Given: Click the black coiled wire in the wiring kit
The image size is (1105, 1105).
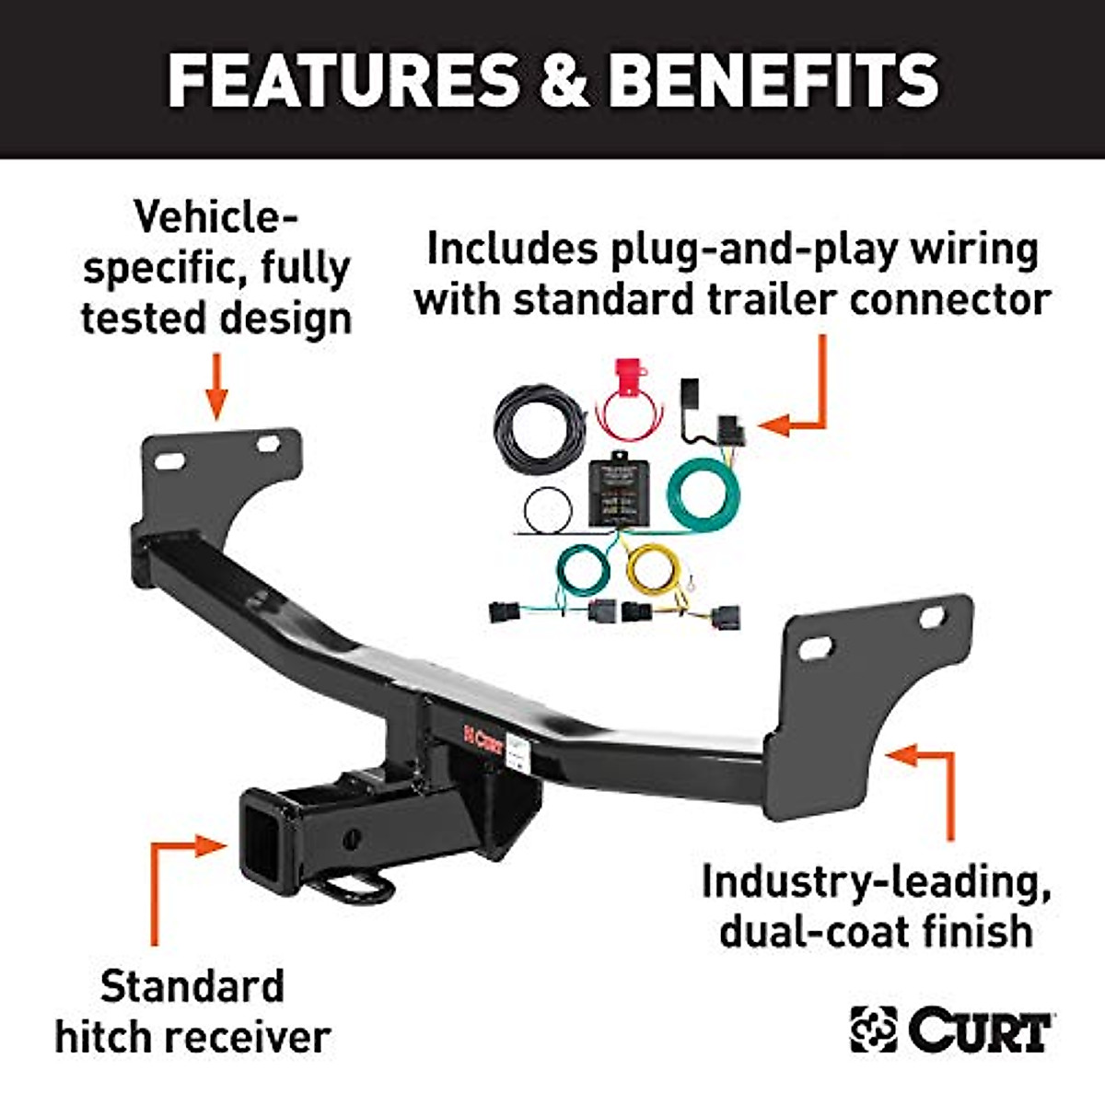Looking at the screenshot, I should pyautogui.click(x=539, y=429).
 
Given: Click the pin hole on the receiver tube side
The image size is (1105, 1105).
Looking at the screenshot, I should pyautogui.click(x=351, y=838).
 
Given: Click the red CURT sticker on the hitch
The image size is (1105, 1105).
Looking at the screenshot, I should pyautogui.click(x=483, y=738).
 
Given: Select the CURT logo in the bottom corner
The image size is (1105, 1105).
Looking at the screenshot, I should pyautogui.click(x=951, y=1029).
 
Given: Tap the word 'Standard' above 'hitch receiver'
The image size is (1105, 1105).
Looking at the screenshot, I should pyautogui.click(x=192, y=986).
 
